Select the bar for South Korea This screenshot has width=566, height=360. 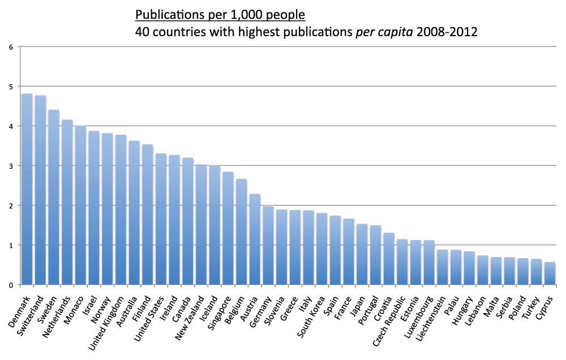pos(321,249)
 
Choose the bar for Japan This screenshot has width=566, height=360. pos(362,255)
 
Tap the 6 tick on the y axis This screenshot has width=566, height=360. pos(11,47)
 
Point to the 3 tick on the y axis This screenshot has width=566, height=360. pos(11,166)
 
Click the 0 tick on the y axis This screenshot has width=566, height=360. pos(11,285)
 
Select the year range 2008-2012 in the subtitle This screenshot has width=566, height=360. pos(447,32)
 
